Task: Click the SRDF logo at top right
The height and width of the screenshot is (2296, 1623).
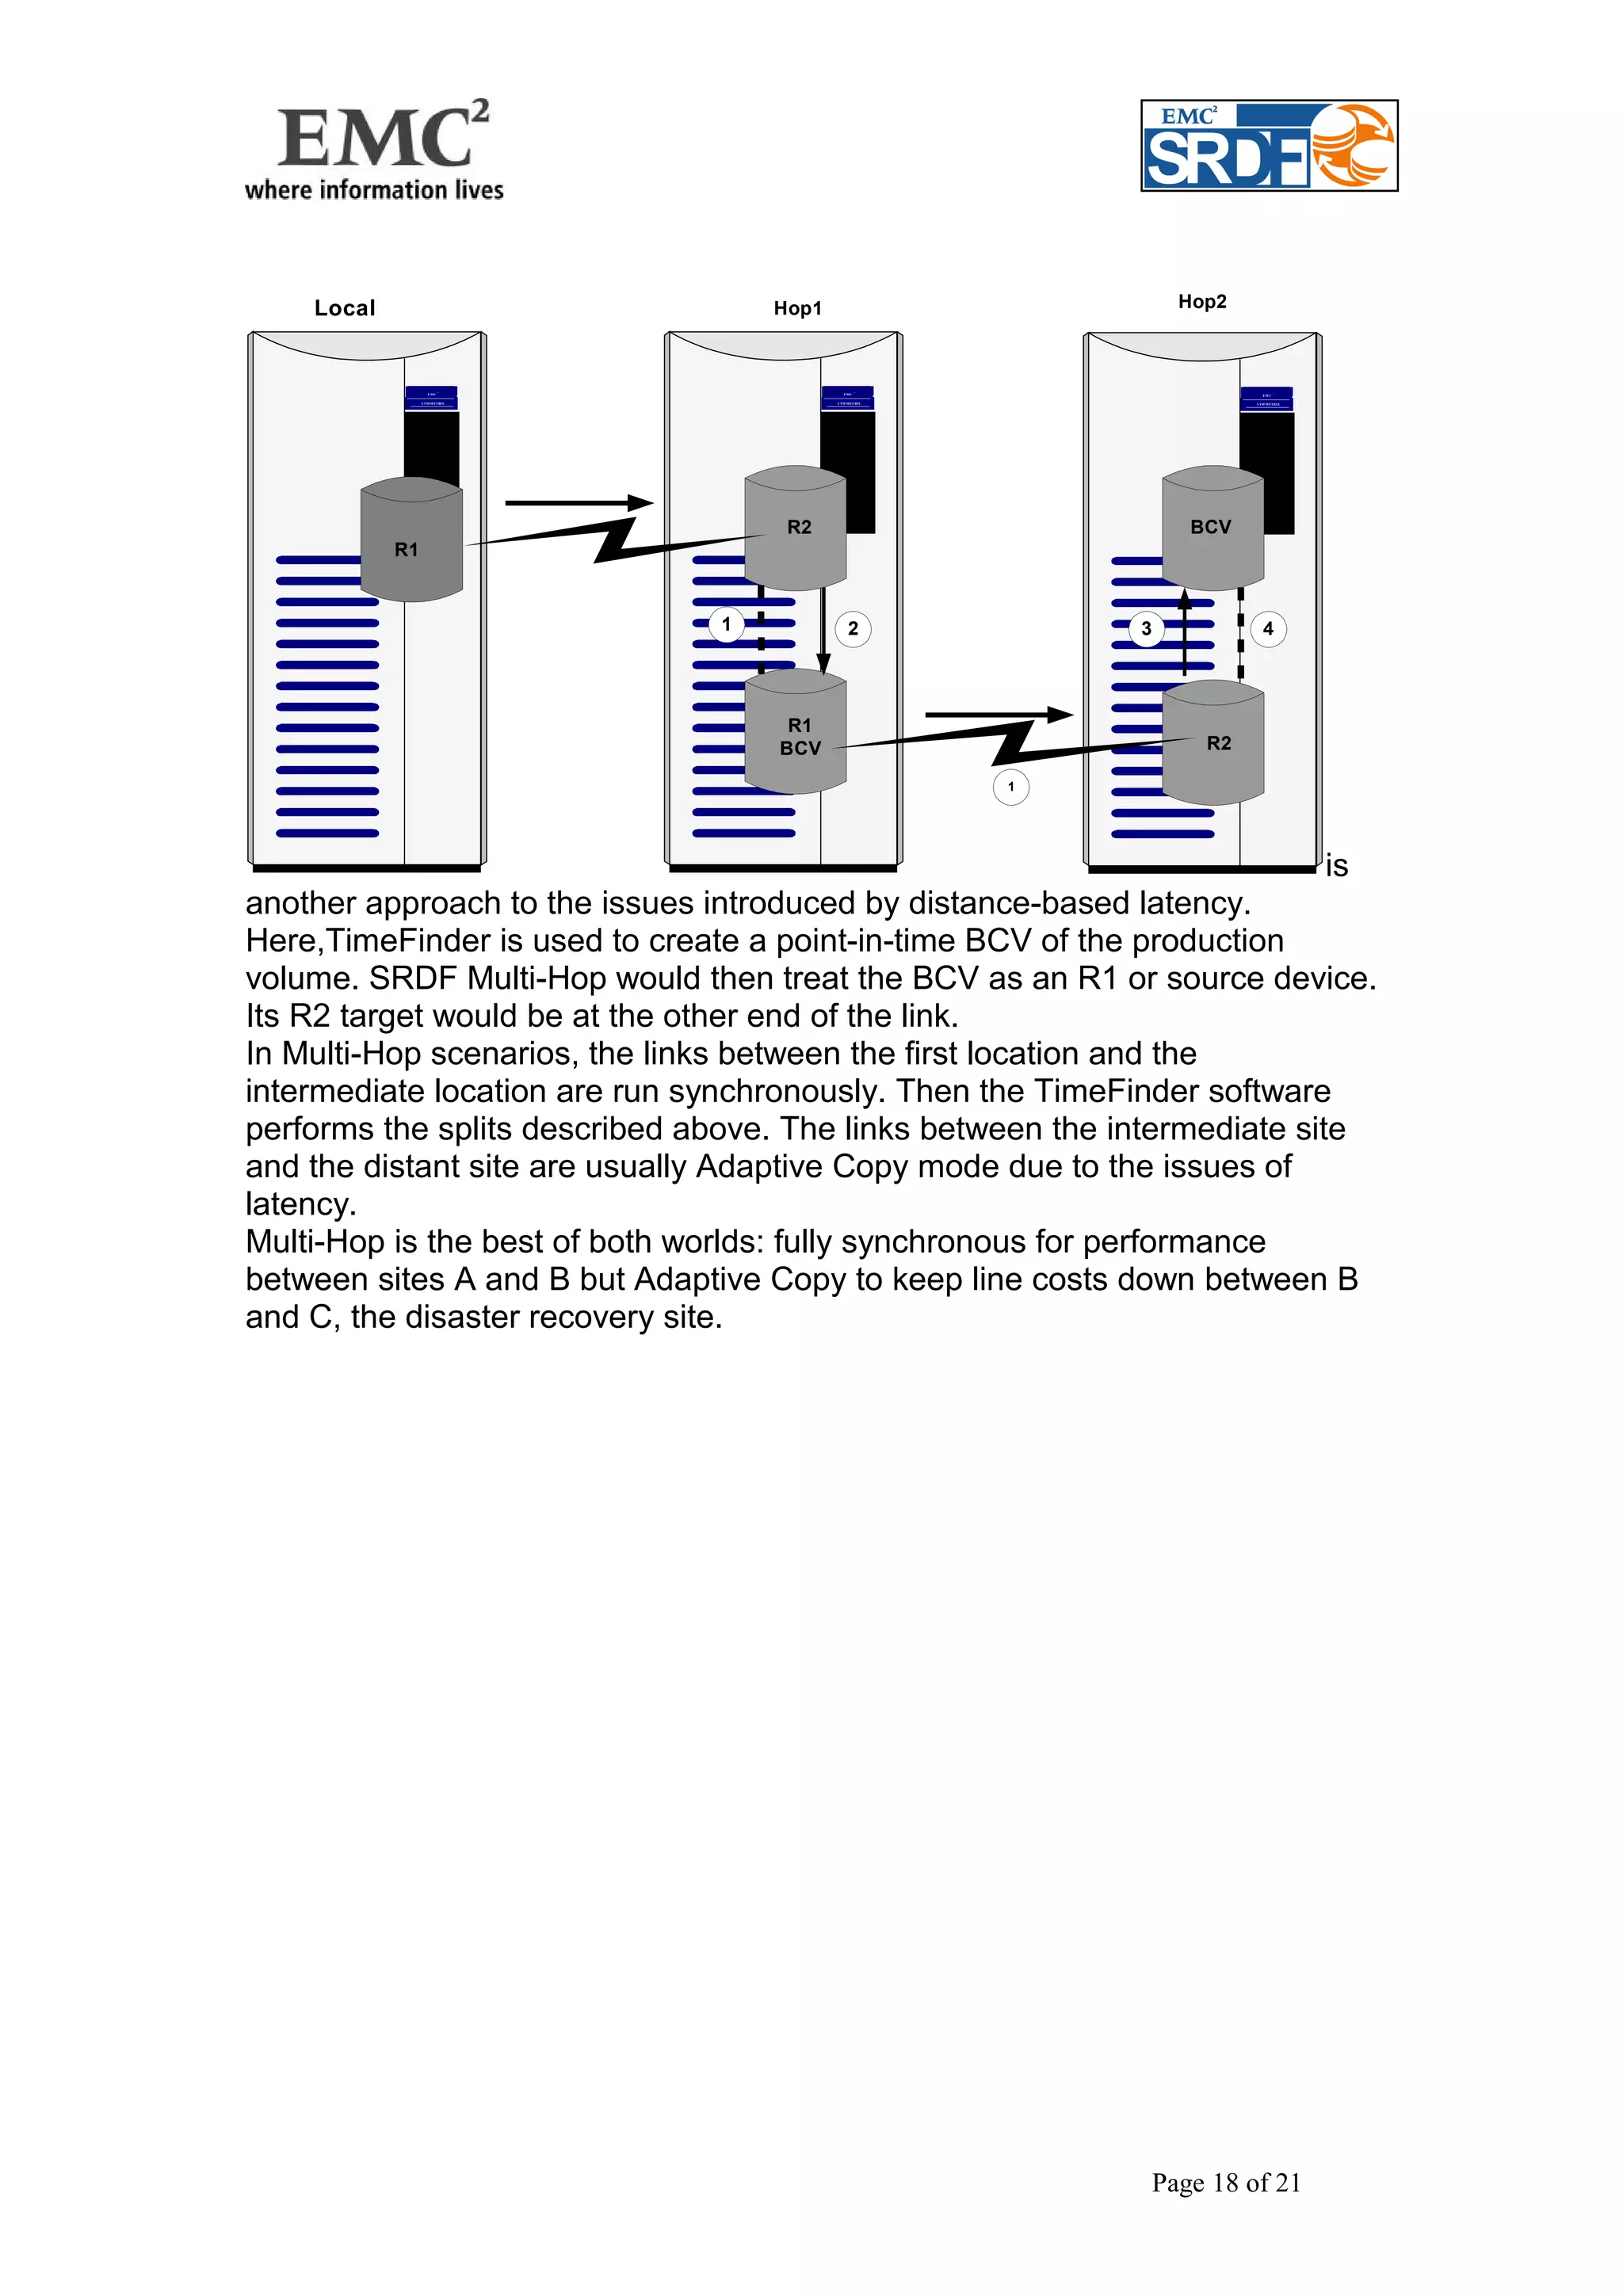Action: pos(1268,146)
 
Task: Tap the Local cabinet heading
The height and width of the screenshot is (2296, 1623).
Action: pos(345,308)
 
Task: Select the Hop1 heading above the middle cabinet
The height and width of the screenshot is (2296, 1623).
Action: pos(797,308)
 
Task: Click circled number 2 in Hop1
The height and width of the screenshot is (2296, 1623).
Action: pos(853,629)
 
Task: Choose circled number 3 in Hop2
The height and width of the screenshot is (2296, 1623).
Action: pos(1146,629)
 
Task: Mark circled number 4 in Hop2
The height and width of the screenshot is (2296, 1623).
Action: pos(1268,629)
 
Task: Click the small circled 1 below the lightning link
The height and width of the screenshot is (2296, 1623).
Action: pos(1010,787)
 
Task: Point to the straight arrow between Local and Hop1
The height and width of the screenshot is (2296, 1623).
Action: pos(578,503)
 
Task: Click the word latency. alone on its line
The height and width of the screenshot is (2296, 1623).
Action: pos(301,1204)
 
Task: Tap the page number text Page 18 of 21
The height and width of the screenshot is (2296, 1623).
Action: pos(1225,2182)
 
